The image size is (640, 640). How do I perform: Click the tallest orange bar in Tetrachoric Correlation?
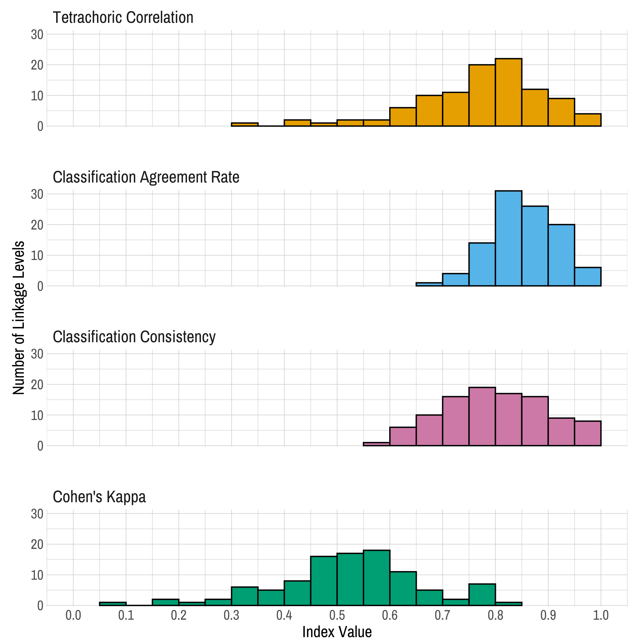coord(509,92)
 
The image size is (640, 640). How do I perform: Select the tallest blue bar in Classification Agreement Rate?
coord(509,238)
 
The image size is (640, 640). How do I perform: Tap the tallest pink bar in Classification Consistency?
coord(482,417)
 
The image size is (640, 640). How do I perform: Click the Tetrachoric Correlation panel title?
coord(123,17)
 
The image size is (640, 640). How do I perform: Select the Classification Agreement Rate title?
coord(146,177)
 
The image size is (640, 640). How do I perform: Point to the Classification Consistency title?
coord(134,337)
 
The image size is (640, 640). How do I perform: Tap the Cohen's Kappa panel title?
coord(99,497)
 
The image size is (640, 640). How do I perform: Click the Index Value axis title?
coord(337,632)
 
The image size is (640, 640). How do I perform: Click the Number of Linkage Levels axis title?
coord(19,318)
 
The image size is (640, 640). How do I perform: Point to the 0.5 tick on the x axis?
coord(337,616)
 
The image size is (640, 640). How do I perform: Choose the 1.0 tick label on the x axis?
coord(601,616)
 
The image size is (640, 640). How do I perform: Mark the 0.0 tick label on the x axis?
coord(73,616)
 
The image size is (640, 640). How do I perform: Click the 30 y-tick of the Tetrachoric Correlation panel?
coord(37,35)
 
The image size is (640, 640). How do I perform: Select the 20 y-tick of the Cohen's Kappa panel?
coord(37,544)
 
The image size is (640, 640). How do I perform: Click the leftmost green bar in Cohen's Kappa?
coord(113,604)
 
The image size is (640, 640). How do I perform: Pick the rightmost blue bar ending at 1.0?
coord(588,277)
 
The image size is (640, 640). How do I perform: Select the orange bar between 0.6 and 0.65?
coord(403,117)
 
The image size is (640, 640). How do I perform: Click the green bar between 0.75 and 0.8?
coord(482,595)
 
